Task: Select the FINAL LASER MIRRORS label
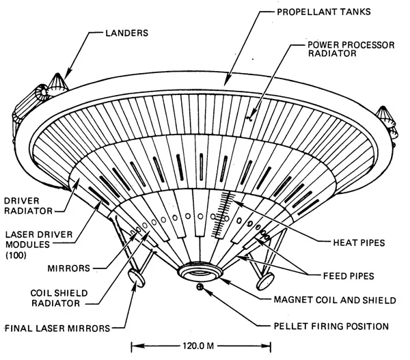(56, 329)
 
